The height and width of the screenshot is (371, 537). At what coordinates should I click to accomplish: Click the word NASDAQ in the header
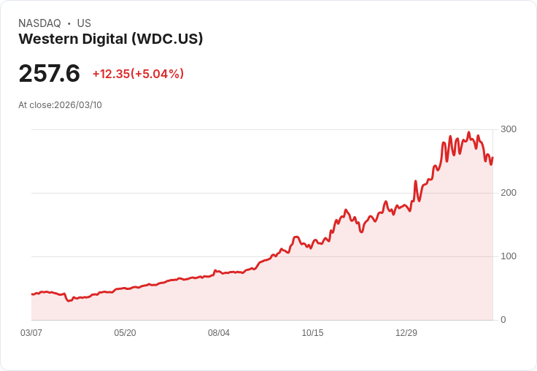39,23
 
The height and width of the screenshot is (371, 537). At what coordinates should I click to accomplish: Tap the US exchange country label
84,23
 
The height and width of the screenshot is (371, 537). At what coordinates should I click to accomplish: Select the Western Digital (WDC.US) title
110,39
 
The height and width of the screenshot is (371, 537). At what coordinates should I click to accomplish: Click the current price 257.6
49,73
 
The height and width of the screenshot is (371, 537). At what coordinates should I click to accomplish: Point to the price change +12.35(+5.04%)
138,74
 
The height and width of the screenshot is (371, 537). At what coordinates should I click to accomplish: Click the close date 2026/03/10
78,105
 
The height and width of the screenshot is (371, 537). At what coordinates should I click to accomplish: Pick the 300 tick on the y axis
509,129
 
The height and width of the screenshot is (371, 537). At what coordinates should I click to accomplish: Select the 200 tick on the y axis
509,193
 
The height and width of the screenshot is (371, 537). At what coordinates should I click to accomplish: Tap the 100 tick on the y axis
509,256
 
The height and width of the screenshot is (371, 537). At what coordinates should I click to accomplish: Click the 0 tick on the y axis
503,320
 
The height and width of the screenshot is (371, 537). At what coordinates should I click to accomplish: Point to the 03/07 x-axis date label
31,333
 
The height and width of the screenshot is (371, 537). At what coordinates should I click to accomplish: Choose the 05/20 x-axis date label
125,333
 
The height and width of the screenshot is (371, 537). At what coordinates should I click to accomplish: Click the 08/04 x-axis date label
219,333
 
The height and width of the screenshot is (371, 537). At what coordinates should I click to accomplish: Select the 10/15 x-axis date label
312,333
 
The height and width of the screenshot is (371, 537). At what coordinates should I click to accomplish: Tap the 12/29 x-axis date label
406,333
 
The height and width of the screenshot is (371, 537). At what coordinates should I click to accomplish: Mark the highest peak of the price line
468,133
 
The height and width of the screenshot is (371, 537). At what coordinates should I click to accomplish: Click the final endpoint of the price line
492,158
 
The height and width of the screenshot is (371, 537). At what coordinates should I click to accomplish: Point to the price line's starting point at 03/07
31,294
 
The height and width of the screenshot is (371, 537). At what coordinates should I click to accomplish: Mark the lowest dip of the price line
69,301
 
